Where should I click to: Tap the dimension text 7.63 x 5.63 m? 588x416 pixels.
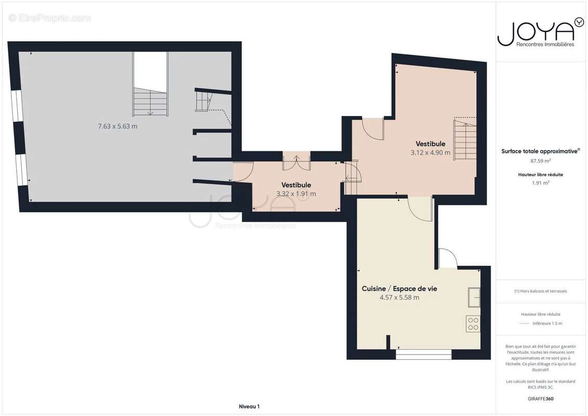coord(117,126)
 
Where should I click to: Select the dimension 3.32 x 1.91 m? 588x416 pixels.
coord(296,193)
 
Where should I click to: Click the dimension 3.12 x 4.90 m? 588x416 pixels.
coord(430,152)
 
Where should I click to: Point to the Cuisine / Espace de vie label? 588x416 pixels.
coord(399,289)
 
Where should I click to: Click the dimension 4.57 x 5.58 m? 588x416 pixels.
coord(399,297)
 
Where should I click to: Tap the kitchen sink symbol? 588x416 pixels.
coord(474,297)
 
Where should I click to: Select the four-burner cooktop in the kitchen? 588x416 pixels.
coord(473,324)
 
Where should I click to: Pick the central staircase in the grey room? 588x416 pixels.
coord(150,102)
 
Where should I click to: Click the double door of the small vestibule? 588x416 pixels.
coord(296,161)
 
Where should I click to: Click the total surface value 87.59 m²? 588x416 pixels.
coord(540,161)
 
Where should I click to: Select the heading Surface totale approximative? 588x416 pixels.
coord(540,151)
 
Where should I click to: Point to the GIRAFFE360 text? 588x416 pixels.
coord(540,399)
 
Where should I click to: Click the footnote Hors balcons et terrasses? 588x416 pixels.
coord(540,291)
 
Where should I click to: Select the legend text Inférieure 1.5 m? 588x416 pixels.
coord(547,323)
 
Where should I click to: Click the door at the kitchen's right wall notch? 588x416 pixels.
coord(447,258)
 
